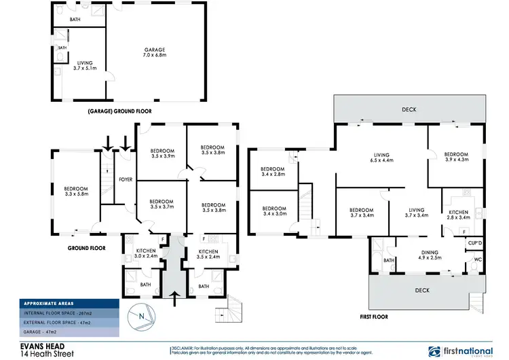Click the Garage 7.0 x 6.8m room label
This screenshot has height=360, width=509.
tap(154, 53)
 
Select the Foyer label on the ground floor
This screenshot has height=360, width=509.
tap(126, 179)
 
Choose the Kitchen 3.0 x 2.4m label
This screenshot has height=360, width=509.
tap(145, 254)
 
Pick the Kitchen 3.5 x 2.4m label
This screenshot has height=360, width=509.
tap(209, 254)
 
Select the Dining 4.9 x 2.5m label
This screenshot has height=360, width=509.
tap(430, 255)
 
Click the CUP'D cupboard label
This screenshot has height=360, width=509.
tap(474, 242)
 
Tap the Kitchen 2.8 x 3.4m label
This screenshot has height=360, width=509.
tap(459, 215)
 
